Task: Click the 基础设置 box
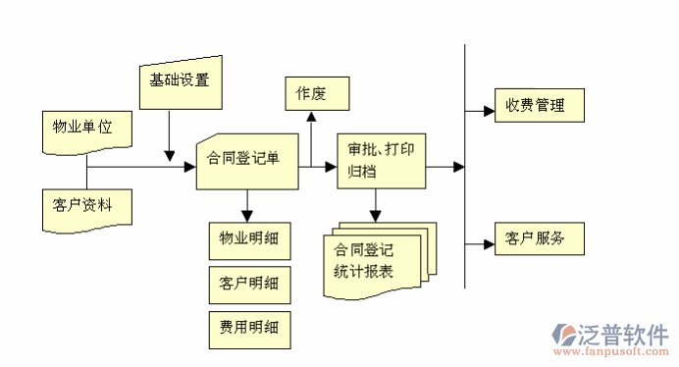pos(180,80)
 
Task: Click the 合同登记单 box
pos(245,160)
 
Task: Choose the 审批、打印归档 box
pos(381,161)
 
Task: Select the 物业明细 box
pos(249,239)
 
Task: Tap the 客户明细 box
pos(249,284)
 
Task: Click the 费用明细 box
pos(249,328)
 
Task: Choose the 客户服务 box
pos(536,239)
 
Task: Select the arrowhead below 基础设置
pos(170,155)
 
